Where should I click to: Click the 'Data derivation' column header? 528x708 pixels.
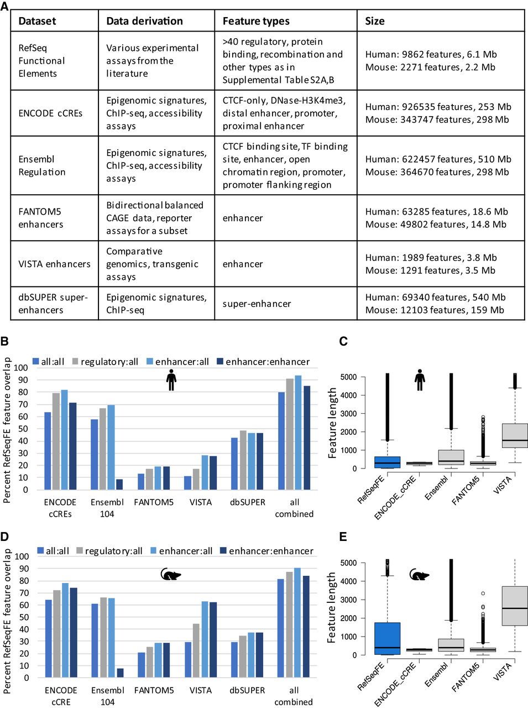(x=144, y=21)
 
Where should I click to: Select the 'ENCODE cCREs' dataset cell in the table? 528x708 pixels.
(x=50, y=113)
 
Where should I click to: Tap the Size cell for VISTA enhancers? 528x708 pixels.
(x=431, y=264)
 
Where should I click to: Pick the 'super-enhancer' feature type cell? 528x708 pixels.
(x=257, y=304)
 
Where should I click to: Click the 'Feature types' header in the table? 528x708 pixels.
(x=256, y=21)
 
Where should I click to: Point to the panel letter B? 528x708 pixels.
(x=4, y=342)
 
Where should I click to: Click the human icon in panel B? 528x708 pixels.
(x=171, y=379)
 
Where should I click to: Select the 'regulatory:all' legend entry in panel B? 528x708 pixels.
(x=105, y=362)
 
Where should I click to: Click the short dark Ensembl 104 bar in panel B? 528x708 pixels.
(x=119, y=485)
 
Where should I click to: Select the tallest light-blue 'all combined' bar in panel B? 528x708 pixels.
(x=298, y=433)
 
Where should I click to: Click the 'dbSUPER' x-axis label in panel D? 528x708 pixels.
(x=247, y=690)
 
